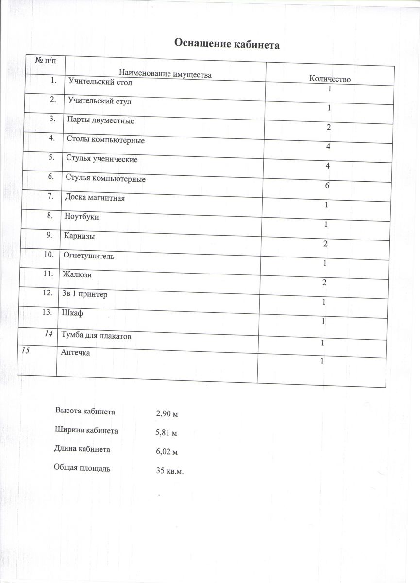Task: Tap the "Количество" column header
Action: (x=330, y=79)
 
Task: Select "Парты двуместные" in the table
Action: (x=101, y=120)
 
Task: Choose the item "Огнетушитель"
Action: (x=89, y=256)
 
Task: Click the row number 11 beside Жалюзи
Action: (x=48, y=274)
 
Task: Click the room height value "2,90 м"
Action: (x=168, y=414)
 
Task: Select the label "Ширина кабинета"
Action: (x=86, y=430)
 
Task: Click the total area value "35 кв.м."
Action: (x=169, y=472)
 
